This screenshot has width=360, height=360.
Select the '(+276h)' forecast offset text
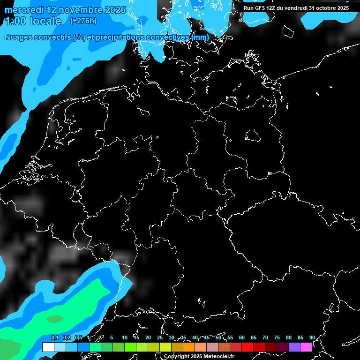tap(83, 21)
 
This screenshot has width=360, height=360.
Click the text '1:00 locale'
tap(33, 21)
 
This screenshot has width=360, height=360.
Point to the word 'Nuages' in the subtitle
tap(18, 37)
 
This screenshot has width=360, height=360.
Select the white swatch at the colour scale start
tap(48, 347)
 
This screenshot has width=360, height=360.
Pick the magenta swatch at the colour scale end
tap(306, 347)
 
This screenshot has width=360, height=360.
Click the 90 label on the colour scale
tap(312, 337)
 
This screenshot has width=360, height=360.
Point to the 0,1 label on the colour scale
tap(54, 337)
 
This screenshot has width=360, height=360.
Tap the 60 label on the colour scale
tap(242, 337)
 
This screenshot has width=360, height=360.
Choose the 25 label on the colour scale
tap(160, 337)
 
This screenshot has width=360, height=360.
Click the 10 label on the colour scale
tap(125, 337)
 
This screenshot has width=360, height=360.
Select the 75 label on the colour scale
tap(277, 337)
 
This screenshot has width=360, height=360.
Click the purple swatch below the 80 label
tap(294, 347)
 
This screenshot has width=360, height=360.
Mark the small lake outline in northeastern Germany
tap(253, 136)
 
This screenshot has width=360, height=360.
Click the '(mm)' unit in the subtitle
tap(200, 37)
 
